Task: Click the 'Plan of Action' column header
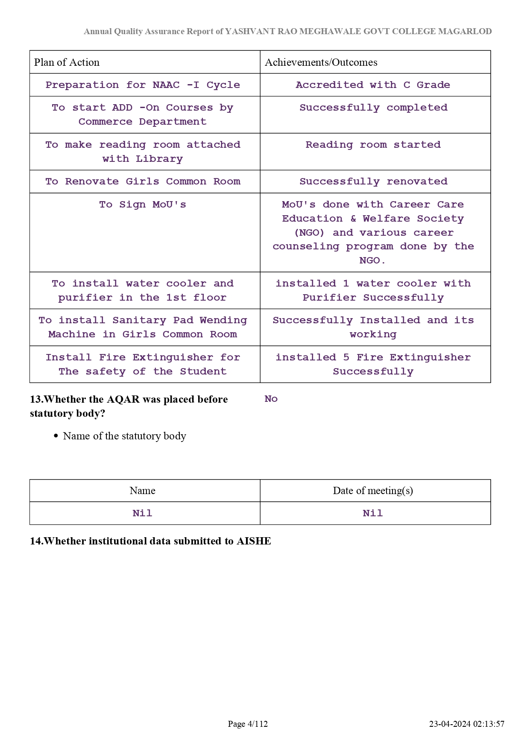[67, 62]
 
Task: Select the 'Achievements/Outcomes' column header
[321, 62]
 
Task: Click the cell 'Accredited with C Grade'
[372, 85]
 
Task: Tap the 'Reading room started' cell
[373, 145]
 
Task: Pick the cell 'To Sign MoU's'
[143, 205]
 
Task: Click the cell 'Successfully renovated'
[373, 181]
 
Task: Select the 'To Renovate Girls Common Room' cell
[143, 181]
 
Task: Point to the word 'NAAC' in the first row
[166, 85]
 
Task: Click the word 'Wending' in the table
[223, 320]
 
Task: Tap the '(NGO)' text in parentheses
[309, 233]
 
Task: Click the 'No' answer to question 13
[271, 399]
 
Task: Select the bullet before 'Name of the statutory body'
[56, 436]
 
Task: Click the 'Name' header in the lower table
[142, 491]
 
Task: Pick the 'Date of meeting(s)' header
[372, 491]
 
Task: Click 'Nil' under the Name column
[142, 513]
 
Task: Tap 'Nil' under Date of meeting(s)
[372, 513]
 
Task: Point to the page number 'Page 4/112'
[248, 724]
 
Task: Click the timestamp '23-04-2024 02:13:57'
[466, 724]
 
